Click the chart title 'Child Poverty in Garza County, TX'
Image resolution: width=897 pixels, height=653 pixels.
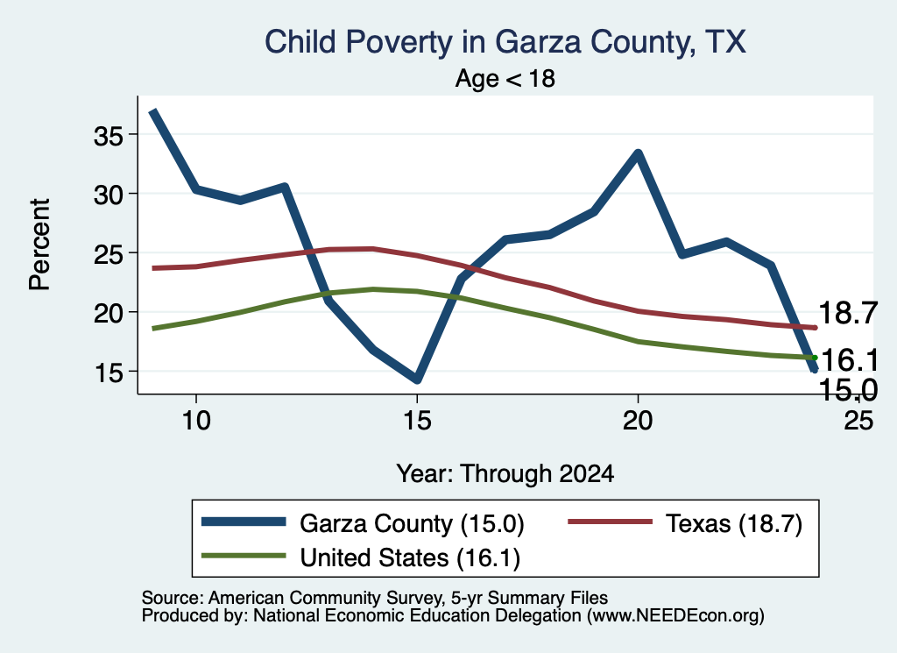[505, 42]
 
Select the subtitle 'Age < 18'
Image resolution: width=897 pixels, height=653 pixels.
[505, 78]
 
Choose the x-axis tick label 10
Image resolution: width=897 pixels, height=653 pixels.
[196, 421]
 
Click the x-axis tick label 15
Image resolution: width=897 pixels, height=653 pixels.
[417, 421]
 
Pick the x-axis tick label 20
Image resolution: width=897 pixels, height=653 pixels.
[638, 421]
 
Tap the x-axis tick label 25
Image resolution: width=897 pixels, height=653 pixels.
[858, 421]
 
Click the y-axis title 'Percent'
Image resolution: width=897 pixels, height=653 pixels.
[39, 245]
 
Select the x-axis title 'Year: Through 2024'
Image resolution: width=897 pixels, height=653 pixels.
[505, 474]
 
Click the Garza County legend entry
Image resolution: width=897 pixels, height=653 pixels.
[363, 523]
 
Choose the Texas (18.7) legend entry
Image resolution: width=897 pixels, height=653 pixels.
[685, 523]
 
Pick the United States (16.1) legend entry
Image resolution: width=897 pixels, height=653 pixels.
[361, 557]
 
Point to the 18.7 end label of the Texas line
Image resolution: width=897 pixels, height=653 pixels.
[848, 313]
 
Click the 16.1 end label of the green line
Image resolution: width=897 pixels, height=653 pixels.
[849, 360]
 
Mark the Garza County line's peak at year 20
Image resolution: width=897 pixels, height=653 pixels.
[638, 153]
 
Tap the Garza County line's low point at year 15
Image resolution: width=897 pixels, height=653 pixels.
[417, 379]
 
